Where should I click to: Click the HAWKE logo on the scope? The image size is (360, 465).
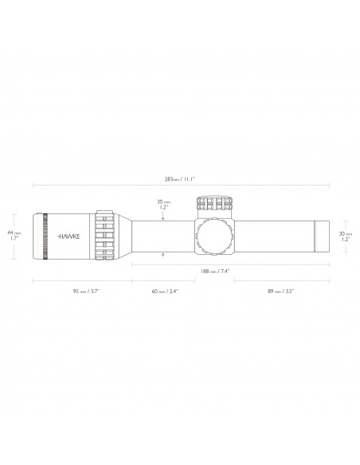[x=68, y=236]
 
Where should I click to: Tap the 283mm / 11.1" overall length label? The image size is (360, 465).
[x=180, y=179]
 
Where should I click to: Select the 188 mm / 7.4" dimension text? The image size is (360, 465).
[x=215, y=271]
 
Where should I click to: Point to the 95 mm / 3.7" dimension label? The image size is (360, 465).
[x=86, y=291]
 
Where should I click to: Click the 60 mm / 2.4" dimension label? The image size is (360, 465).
[x=165, y=291]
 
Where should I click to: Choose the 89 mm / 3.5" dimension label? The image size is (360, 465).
[x=280, y=291]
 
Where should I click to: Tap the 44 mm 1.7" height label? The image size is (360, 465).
[x=14, y=235]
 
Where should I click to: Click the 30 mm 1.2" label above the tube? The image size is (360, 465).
[x=163, y=205]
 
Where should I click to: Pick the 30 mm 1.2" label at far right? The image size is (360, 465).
[x=346, y=236]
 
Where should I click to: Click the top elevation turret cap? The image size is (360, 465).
[x=214, y=204]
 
